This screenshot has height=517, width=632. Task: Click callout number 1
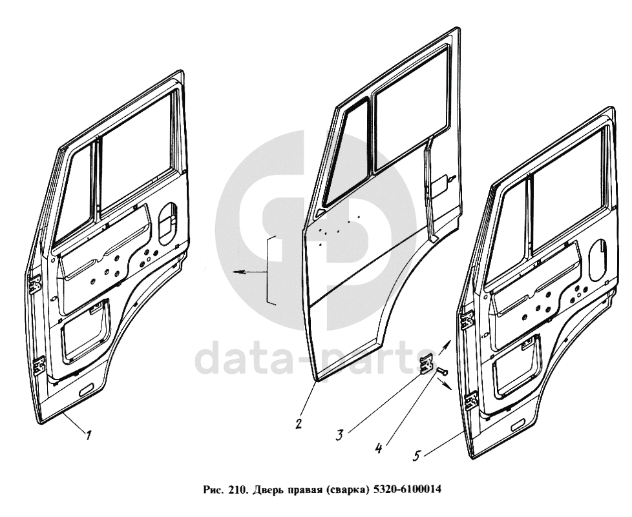(88, 435)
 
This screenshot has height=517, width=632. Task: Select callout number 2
(299, 424)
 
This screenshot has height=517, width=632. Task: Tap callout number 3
(340, 435)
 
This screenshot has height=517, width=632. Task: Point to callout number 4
(378, 448)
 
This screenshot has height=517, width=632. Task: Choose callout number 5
(417, 456)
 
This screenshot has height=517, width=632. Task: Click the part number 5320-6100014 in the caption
(408, 490)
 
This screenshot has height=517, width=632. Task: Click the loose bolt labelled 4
(443, 371)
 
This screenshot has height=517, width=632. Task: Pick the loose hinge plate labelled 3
(427, 364)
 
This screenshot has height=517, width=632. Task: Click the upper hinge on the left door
(36, 283)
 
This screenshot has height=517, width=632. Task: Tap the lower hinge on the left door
(39, 365)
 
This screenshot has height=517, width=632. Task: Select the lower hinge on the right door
(470, 401)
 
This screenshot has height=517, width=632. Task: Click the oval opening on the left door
(167, 224)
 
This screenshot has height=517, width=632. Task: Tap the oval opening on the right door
(598, 260)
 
